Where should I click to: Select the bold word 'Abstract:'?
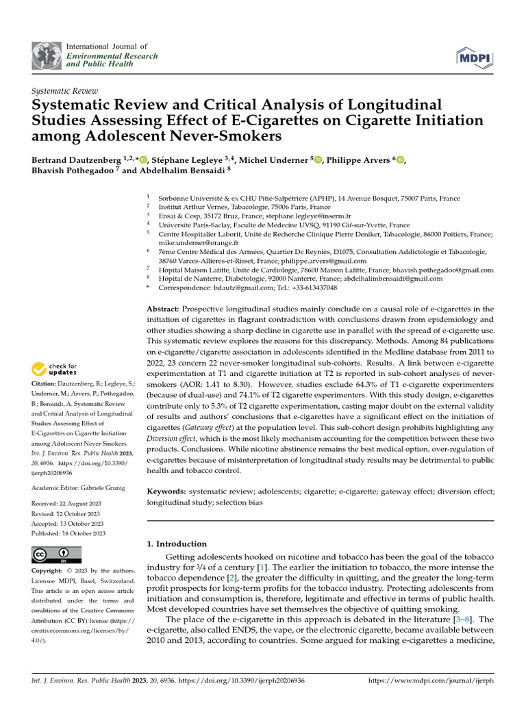(x=162, y=309)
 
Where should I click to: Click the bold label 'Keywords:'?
(x=166, y=491)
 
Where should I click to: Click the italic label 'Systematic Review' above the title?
(x=65, y=91)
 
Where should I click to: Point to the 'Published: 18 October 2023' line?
(x=68, y=533)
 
